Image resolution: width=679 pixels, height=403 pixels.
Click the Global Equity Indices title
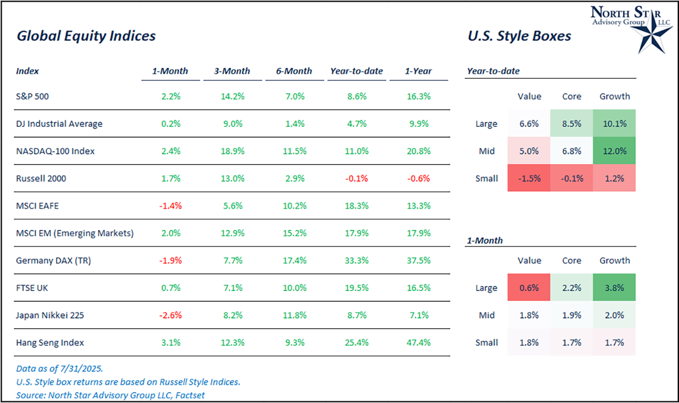click(x=86, y=36)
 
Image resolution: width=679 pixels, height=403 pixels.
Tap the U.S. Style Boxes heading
click(x=519, y=36)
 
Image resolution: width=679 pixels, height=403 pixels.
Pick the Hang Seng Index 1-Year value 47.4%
click(x=418, y=342)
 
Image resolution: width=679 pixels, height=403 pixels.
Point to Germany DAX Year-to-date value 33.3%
click(x=356, y=260)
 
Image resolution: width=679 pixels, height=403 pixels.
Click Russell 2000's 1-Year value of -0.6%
click(x=418, y=178)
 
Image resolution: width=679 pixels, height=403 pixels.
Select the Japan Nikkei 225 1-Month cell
click(x=170, y=315)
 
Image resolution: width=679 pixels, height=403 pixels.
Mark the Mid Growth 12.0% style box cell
click(x=614, y=151)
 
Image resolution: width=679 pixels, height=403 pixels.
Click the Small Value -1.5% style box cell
click(x=529, y=178)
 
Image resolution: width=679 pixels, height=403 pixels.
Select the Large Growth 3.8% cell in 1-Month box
click(x=614, y=288)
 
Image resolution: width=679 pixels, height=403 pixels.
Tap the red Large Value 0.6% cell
click(x=529, y=288)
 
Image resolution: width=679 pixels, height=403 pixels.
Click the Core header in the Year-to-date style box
click(x=571, y=97)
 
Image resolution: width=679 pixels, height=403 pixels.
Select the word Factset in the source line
click(x=189, y=395)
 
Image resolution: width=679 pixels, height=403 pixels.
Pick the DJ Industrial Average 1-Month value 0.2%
click(x=170, y=124)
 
